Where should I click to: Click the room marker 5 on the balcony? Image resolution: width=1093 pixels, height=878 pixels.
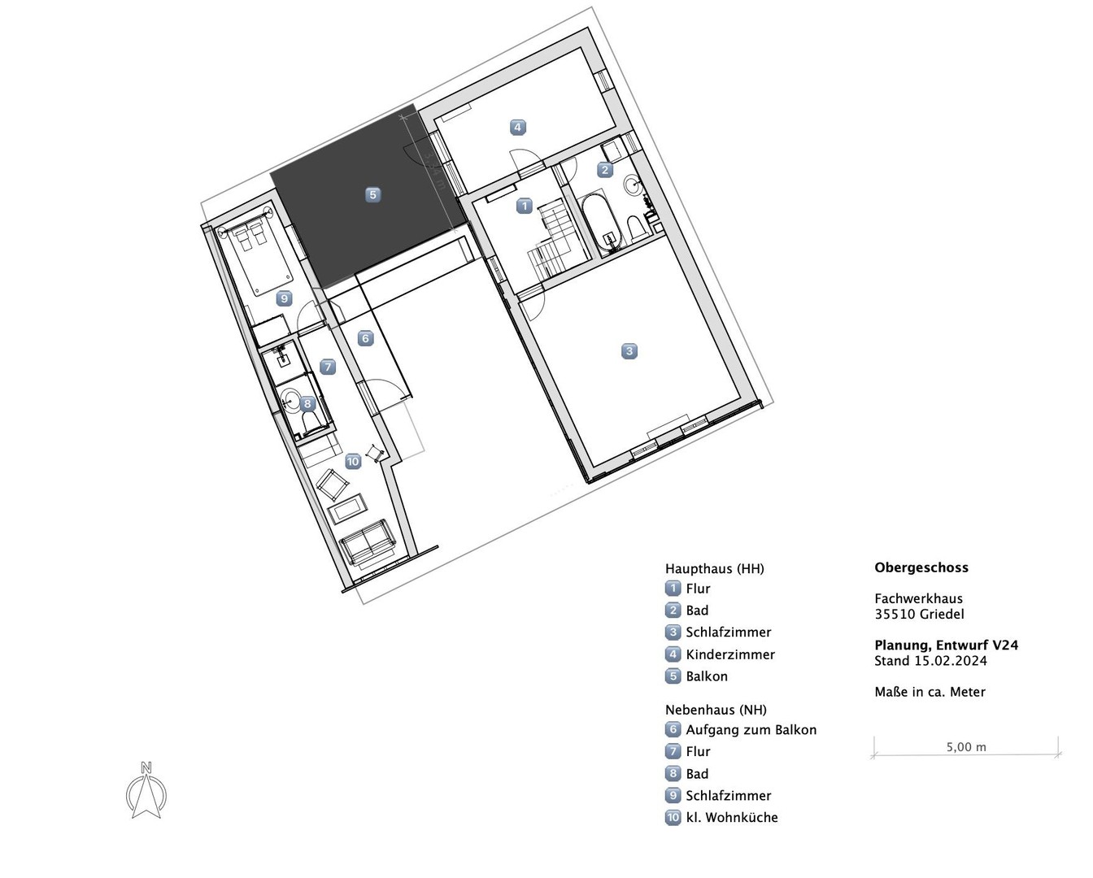372,194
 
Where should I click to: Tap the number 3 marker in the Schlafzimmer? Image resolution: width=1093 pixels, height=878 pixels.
629,351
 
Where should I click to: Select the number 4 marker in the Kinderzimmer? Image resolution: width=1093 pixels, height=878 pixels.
517,127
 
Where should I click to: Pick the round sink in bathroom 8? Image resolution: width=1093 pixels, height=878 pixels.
290,398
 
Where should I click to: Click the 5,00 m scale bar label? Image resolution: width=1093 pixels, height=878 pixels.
966,747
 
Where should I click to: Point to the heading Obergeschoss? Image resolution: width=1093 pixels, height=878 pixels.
921,567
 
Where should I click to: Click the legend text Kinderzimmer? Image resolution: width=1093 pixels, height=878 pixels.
729,654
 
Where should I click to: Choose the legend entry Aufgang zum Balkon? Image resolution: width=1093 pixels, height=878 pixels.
751,730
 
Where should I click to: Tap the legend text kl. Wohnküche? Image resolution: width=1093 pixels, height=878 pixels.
732,817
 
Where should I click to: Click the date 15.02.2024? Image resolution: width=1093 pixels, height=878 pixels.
951,661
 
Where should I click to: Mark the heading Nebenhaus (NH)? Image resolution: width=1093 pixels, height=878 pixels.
716,710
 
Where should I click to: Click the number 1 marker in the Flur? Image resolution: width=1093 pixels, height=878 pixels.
525,206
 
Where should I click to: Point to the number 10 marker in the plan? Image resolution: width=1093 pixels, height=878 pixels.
353,462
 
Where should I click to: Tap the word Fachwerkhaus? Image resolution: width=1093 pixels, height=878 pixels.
918,598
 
